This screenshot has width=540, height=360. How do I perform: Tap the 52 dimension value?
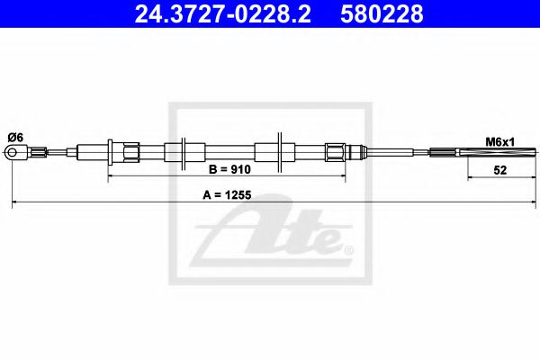pos(499,168)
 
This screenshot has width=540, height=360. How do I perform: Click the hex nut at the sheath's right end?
pos(335,150)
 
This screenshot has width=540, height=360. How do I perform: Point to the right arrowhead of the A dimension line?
pos(525,205)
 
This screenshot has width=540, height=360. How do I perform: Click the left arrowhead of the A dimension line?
pos(15,205)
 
